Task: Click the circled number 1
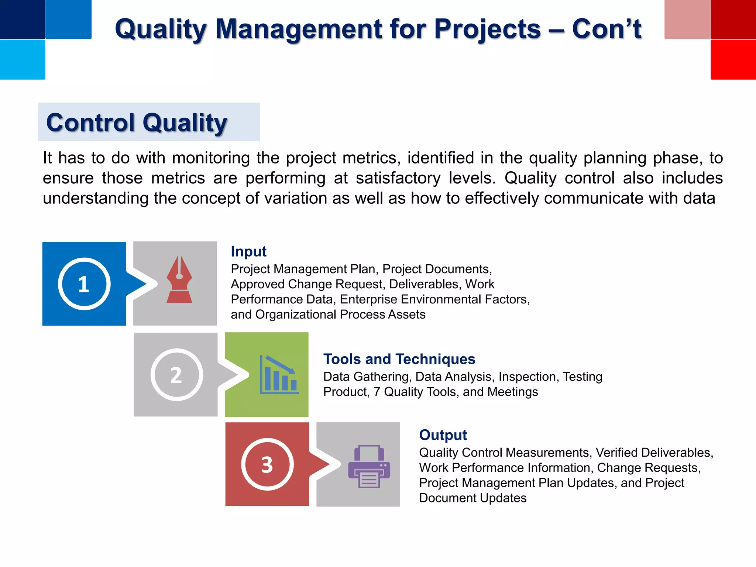pos(84,284)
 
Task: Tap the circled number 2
pos(176,375)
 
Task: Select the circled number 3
pos(267,464)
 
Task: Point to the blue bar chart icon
pos(279,375)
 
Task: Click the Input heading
pos(248,251)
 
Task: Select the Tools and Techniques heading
pos(399,359)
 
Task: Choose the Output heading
pos(443,435)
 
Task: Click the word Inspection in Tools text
pos(527,377)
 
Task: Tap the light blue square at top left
pos(23,59)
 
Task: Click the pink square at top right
pos(687,19)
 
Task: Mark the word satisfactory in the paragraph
pos(398,178)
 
